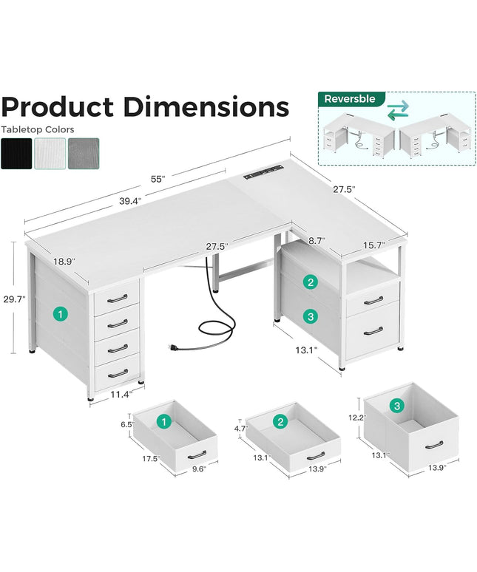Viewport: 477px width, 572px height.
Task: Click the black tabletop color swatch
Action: click(16, 153)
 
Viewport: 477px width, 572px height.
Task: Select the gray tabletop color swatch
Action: click(83, 153)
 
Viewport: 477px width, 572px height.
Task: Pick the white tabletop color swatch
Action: click(50, 153)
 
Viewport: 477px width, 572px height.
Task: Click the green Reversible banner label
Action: click(350, 98)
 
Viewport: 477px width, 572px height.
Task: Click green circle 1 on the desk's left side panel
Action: click(59, 314)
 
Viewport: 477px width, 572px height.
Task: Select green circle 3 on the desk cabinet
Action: click(311, 316)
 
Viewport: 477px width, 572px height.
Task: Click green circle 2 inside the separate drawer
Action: click(280, 421)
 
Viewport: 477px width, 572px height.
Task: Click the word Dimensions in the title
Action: click(206, 107)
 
